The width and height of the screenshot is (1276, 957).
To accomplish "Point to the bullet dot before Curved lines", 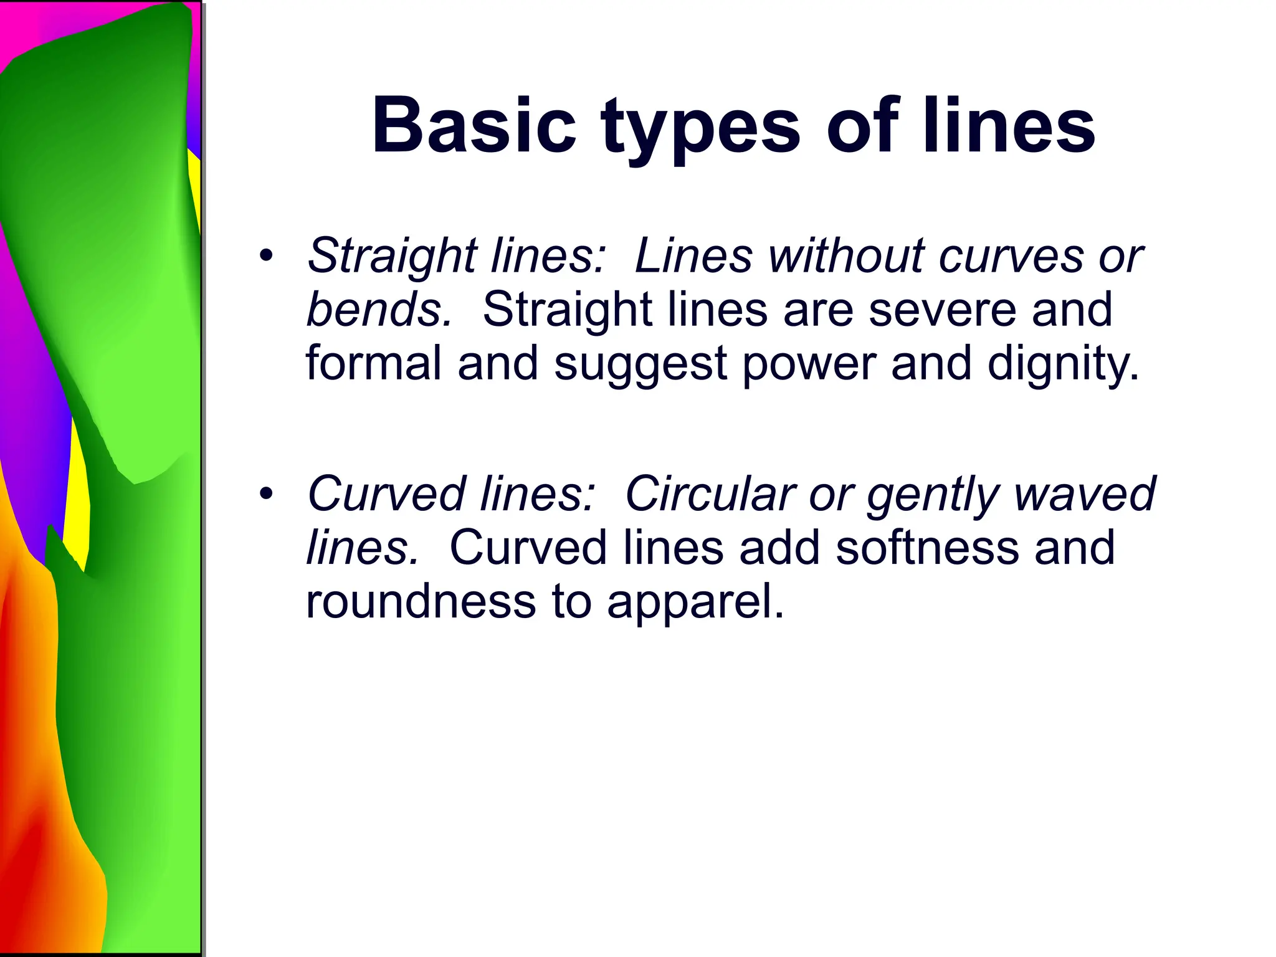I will (x=267, y=494).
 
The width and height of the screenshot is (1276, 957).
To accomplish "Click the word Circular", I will (x=710, y=494).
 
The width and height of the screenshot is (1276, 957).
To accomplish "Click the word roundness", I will (x=421, y=601).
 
